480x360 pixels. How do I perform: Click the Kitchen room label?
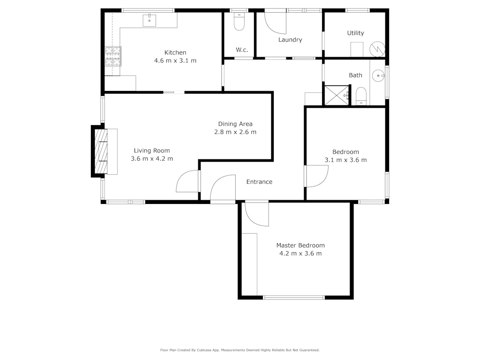[x=175, y=52]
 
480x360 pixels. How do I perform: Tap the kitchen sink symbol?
[x=150, y=21]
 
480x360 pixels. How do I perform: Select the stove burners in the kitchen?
[x=113, y=56]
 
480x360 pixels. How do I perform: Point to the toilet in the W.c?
[x=239, y=22]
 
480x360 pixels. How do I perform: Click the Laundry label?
[x=290, y=40]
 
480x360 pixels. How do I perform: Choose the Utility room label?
[x=355, y=33]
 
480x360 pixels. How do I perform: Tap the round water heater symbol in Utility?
[x=377, y=49]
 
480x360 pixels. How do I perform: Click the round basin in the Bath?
[x=379, y=75]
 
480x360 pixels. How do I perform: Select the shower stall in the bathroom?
[x=337, y=96]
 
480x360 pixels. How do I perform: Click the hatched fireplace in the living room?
[x=101, y=151]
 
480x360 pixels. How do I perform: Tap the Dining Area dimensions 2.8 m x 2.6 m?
[x=235, y=132]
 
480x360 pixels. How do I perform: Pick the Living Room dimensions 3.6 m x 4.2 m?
[x=152, y=158]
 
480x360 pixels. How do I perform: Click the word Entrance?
[x=259, y=182]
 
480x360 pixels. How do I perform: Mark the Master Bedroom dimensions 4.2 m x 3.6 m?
[x=300, y=254]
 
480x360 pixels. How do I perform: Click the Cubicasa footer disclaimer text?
[x=240, y=350]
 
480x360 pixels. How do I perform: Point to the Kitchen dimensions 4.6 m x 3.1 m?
[x=175, y=60]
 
